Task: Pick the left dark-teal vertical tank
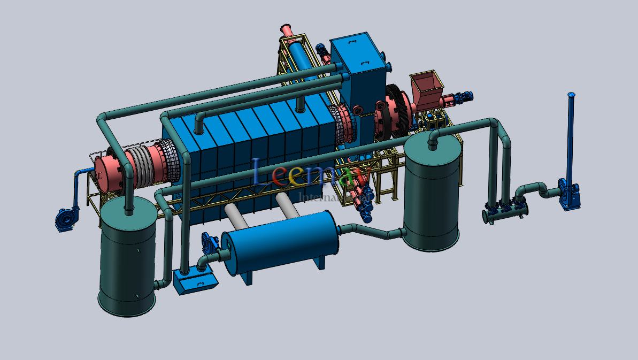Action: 128,257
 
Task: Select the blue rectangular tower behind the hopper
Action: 359,70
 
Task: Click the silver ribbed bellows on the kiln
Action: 142,166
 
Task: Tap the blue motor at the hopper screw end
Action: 465,96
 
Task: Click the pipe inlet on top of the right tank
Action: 432,139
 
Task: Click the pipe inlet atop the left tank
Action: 129,206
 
